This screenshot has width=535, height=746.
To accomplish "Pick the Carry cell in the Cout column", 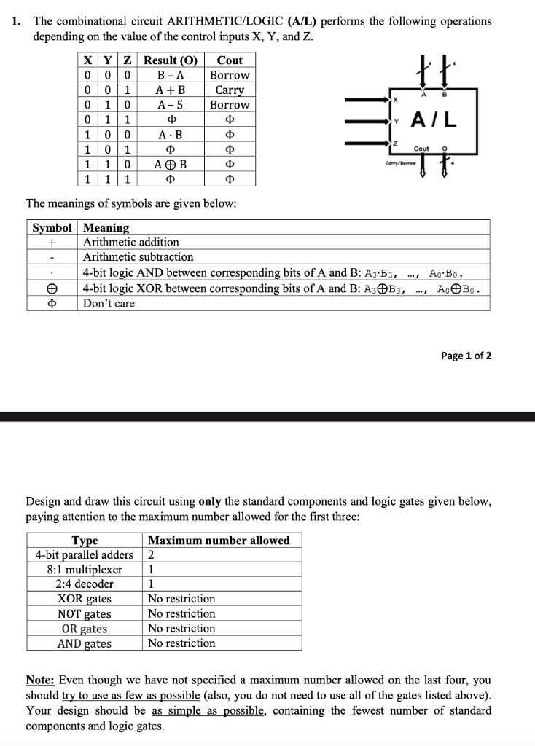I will click(230, 90).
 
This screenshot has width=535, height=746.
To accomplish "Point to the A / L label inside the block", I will click(434, 119).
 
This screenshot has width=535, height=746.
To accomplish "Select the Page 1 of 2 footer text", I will click(466, 356).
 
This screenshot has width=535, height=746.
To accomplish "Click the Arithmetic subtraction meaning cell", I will click(138, 257).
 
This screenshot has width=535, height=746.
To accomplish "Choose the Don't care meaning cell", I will click(109, 303).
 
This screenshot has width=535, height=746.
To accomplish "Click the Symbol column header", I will click(52, 227).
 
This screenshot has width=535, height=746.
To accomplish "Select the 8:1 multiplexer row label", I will click(85, 569).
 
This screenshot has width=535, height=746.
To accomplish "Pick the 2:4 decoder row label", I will click(85, 584).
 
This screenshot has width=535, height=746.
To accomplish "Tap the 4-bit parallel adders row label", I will click(85, 554).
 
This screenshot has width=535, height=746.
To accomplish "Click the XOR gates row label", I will click(85, 599).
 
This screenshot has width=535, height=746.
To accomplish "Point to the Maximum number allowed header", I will click(219, 540).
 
